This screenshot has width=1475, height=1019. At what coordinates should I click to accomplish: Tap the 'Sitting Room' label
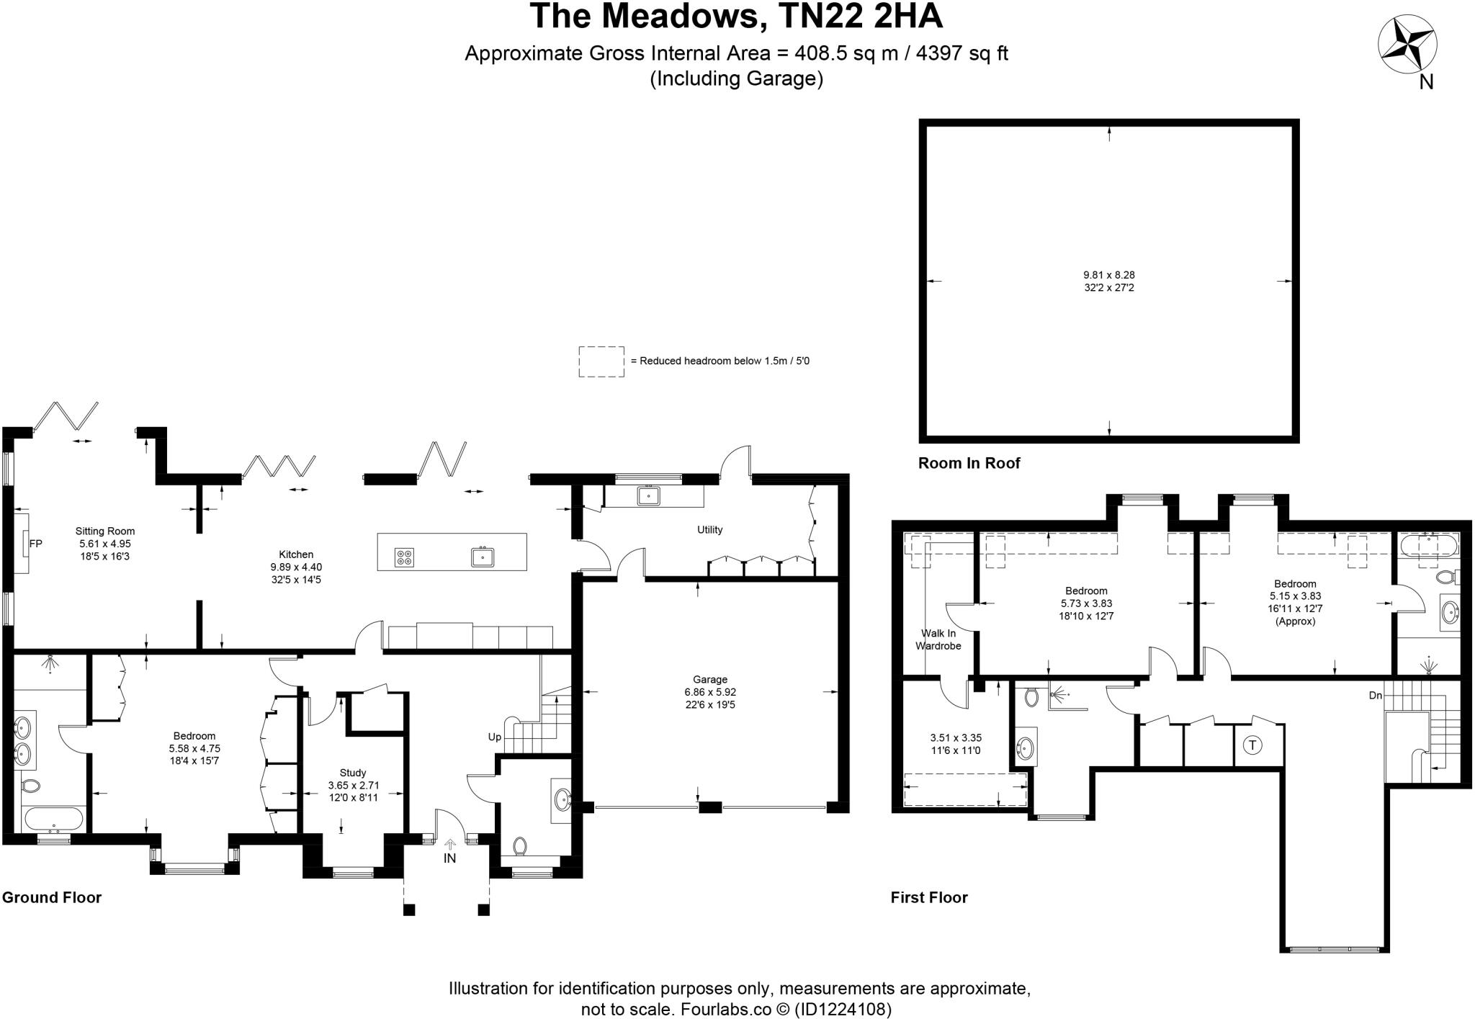(x=105, y=531)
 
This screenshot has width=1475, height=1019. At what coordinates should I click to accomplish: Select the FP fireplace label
(x=35, y=544)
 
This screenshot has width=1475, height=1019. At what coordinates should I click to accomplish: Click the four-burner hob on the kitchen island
(x=404, y=557)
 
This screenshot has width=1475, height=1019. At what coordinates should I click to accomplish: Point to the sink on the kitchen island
(x=483, y=557)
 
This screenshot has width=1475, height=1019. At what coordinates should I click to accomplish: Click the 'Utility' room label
(x=709, y=530)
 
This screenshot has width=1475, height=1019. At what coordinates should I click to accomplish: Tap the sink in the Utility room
(x=648, y=495)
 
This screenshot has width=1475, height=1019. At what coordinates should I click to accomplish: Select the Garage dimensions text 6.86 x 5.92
(x=710, y=692)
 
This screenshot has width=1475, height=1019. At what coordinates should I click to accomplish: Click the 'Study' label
(x=353, y=773)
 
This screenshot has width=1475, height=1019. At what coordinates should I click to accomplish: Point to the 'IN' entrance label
(x=449, y=858)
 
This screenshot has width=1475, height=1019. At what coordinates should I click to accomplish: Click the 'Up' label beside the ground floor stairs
(x=495, y=737)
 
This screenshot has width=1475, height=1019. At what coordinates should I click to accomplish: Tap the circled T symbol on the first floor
(x=1252, y=745)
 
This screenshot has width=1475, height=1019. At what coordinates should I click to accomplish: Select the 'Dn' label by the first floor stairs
(x=1376, y=696)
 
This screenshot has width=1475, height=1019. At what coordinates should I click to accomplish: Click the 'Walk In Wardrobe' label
(x=938, y=639)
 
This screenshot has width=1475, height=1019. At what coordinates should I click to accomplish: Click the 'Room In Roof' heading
(x=969, y=463)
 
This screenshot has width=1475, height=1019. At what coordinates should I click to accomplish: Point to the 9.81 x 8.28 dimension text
(x=1108, y=275)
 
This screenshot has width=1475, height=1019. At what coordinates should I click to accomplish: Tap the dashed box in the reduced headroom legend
(x=601, y=362)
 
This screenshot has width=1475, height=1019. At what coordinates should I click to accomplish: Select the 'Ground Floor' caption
(x=52, y=897)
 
